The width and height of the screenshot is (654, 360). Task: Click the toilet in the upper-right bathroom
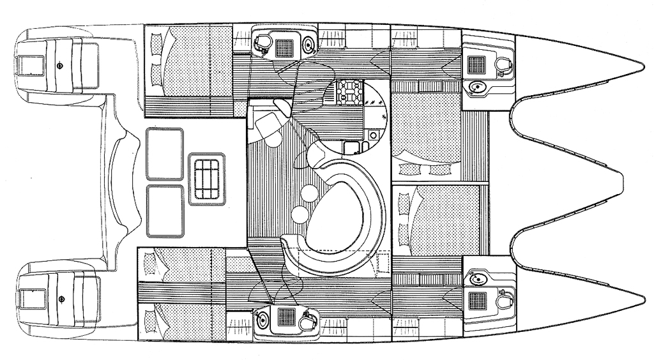(x=505, y=65)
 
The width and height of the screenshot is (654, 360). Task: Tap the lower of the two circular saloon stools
(x=298, y=213)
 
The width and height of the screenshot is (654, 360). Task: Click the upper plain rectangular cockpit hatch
(x=165, y=154)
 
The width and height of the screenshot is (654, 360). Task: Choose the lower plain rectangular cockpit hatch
(x=165, y=209)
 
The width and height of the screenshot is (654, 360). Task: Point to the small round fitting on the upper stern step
(x=59, y=65)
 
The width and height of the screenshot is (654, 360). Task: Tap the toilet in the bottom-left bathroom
(x=310, y=317)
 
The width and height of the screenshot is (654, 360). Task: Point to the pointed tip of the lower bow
(x=643, y=300)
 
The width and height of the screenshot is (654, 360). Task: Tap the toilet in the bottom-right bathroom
(x=505, y=298)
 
